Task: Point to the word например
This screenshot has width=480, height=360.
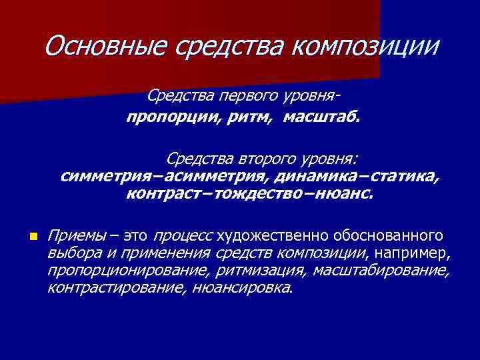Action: point(413,253)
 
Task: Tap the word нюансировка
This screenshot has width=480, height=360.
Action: point(242,288)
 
